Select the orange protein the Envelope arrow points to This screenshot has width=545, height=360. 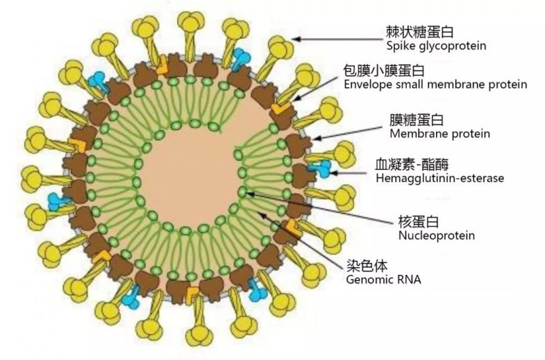[x=279, y=109]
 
